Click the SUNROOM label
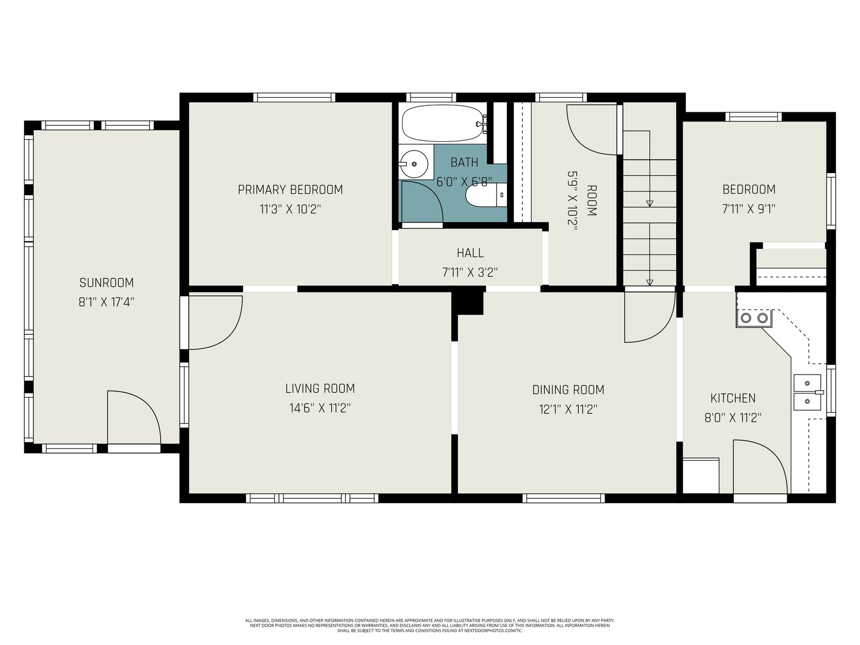106,282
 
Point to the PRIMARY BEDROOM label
290,190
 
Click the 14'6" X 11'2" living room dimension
320,408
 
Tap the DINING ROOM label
568,390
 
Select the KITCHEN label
733,398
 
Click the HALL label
470,253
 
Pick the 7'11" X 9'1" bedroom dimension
749,209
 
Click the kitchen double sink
808,392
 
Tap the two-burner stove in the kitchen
754,318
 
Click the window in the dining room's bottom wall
563,498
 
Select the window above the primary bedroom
294,97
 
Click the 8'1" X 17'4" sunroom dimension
106,302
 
